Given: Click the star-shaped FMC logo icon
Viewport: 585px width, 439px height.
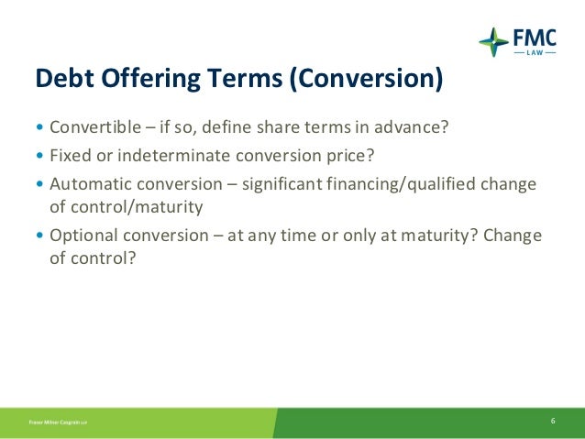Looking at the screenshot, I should click(x=493, y=41).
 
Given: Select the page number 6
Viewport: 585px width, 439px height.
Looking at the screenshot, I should click(x=554, y=421).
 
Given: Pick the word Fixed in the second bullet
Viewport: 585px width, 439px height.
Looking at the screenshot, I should click(x=68, y=155).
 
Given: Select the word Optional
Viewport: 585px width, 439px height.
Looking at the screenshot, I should click(x=80, y=236).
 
